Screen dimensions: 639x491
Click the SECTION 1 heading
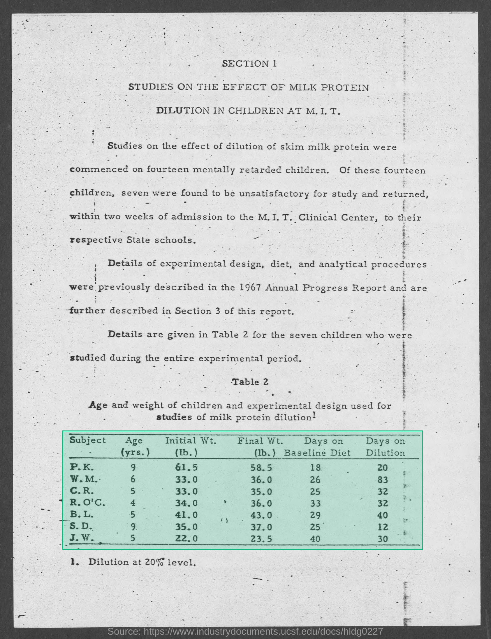click(x=249, y=64)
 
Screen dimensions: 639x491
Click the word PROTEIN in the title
click(x=344, y=87)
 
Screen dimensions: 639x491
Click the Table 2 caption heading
click(x=250, y=382)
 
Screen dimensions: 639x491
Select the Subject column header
click(x=87, y=440)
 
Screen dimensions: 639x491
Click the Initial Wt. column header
click(x=190, y=441)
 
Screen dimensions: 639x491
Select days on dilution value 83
click(x=382, y=480)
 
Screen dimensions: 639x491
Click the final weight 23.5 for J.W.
click(x=261, y=538)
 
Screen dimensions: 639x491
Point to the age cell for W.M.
click(x=133, y=479)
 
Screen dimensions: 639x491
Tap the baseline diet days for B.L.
click(x=315, y=515)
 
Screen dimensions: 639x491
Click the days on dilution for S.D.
click(x=382, y=527)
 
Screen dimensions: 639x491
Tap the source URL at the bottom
click(x=245, y=631)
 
